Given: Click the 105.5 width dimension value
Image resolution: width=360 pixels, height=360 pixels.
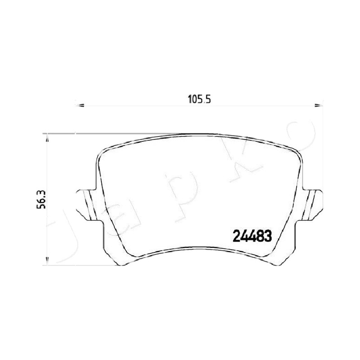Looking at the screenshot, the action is (199, 99).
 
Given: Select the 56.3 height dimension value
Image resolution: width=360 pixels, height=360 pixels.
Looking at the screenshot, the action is (41, 199).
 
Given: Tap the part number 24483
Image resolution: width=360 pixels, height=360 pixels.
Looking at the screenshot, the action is (252, 236).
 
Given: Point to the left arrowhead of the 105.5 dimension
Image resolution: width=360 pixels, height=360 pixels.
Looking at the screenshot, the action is (80, 105).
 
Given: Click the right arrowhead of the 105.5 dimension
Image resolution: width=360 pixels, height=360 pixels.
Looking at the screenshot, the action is (319, 105).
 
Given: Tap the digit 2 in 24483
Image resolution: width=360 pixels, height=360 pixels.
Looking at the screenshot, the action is (237, 236).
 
